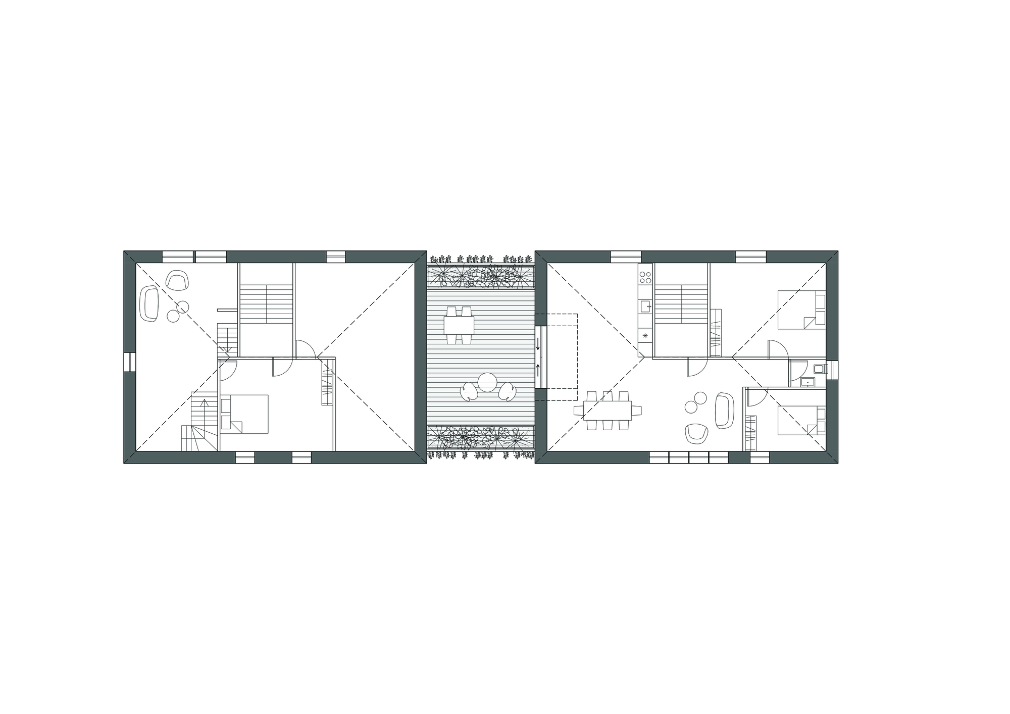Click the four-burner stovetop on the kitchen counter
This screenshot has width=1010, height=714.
[645, 277]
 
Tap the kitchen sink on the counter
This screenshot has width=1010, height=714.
[645, 306]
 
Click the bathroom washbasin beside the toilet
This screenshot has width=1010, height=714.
[808, 382]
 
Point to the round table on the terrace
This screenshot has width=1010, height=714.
[488, 382]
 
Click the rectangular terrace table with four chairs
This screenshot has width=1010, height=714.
[459, 325]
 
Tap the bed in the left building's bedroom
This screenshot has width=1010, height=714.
[244, 414]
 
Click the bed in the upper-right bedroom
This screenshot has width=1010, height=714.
[801, 309]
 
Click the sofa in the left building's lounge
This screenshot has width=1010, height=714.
[150, 303]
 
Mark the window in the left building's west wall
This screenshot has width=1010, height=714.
[129, 362]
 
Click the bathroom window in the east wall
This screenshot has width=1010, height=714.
[833, 370]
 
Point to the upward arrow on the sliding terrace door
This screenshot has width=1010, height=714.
[538, 370]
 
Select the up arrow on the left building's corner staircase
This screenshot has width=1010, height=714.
[204, 402]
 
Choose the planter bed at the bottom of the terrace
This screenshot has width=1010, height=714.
[480, 437]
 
